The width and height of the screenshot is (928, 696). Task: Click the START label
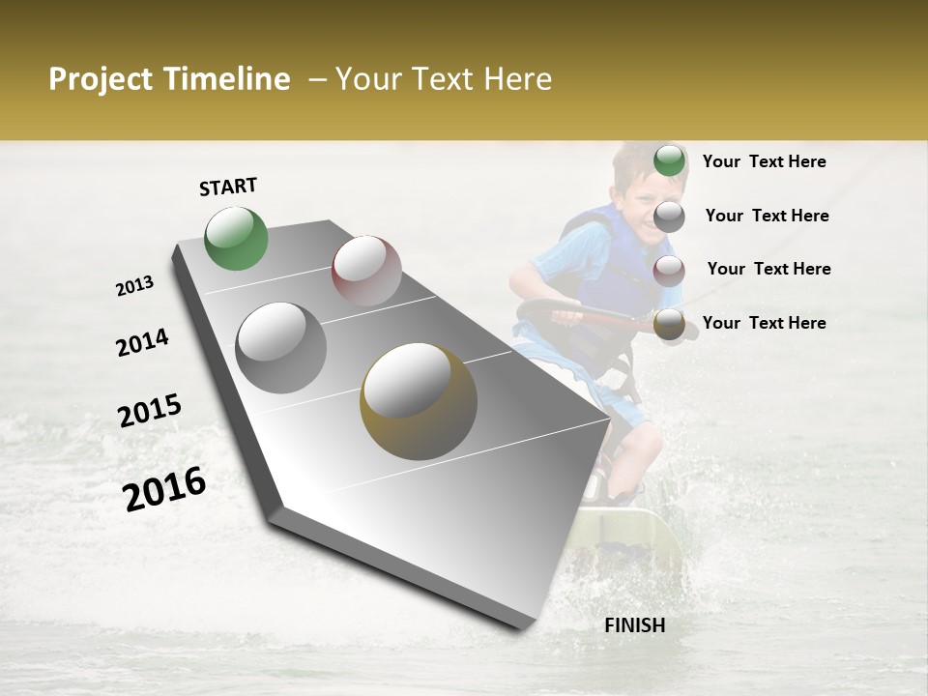pos(228,187)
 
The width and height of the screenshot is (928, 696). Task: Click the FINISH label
pos(634,625)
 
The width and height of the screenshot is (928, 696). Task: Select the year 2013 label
pos(135,285)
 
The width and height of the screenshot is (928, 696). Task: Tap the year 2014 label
pos(142,342)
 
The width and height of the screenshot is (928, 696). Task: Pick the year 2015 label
pos(150,411)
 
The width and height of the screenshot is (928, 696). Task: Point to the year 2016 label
pos(164,489)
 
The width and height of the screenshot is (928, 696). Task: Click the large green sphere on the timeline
pos(237,239)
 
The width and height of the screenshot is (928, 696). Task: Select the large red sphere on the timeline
pos(366,271)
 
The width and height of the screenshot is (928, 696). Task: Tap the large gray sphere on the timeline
pos(281,348)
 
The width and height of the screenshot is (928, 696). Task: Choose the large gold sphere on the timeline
pos(419,401)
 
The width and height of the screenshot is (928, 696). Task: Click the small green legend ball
pos(669,161)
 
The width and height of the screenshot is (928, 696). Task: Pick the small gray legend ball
pos(669,217)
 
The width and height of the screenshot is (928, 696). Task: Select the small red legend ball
pos(669,270)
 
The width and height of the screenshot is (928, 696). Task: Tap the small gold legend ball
pos(669,325)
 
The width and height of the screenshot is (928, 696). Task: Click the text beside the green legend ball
pos(764,161)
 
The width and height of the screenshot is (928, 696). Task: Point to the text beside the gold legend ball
pos(764,323)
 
